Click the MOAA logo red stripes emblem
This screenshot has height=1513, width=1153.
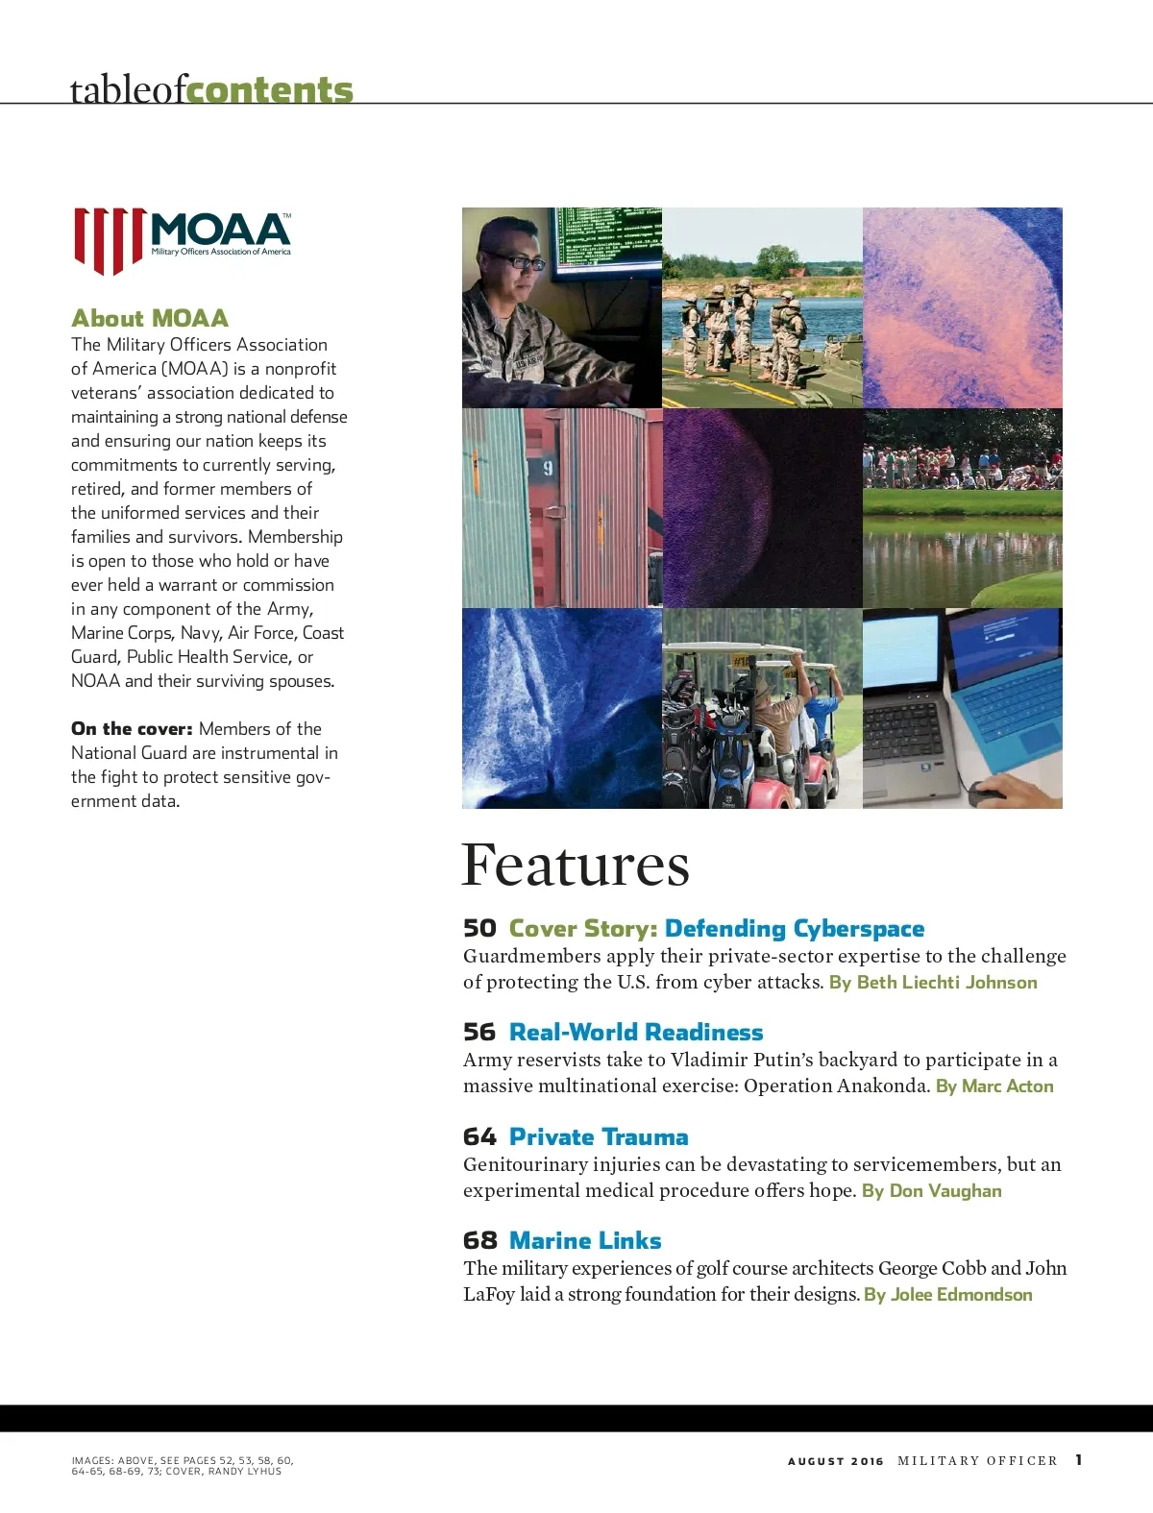110,239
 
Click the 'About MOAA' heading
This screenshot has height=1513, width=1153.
150,318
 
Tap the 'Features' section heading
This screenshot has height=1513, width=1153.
575,865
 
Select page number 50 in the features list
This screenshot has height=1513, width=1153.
479,928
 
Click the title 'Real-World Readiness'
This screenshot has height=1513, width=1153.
636,1032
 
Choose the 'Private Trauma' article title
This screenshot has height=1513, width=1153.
599,1136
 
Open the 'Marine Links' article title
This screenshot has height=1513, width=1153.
585,1240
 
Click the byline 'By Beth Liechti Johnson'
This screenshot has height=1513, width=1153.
933,982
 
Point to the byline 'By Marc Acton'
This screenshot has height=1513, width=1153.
994,1086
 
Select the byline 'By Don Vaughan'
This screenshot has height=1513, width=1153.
931,1190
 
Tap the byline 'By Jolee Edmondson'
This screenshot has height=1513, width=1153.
947,1294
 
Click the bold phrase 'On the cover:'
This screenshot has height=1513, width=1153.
132,728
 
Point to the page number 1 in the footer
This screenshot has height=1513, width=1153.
1079,1459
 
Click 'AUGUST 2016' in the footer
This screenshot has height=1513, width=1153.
835,1461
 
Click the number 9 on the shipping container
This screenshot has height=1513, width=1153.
548,468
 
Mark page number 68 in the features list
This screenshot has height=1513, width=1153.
479,1240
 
